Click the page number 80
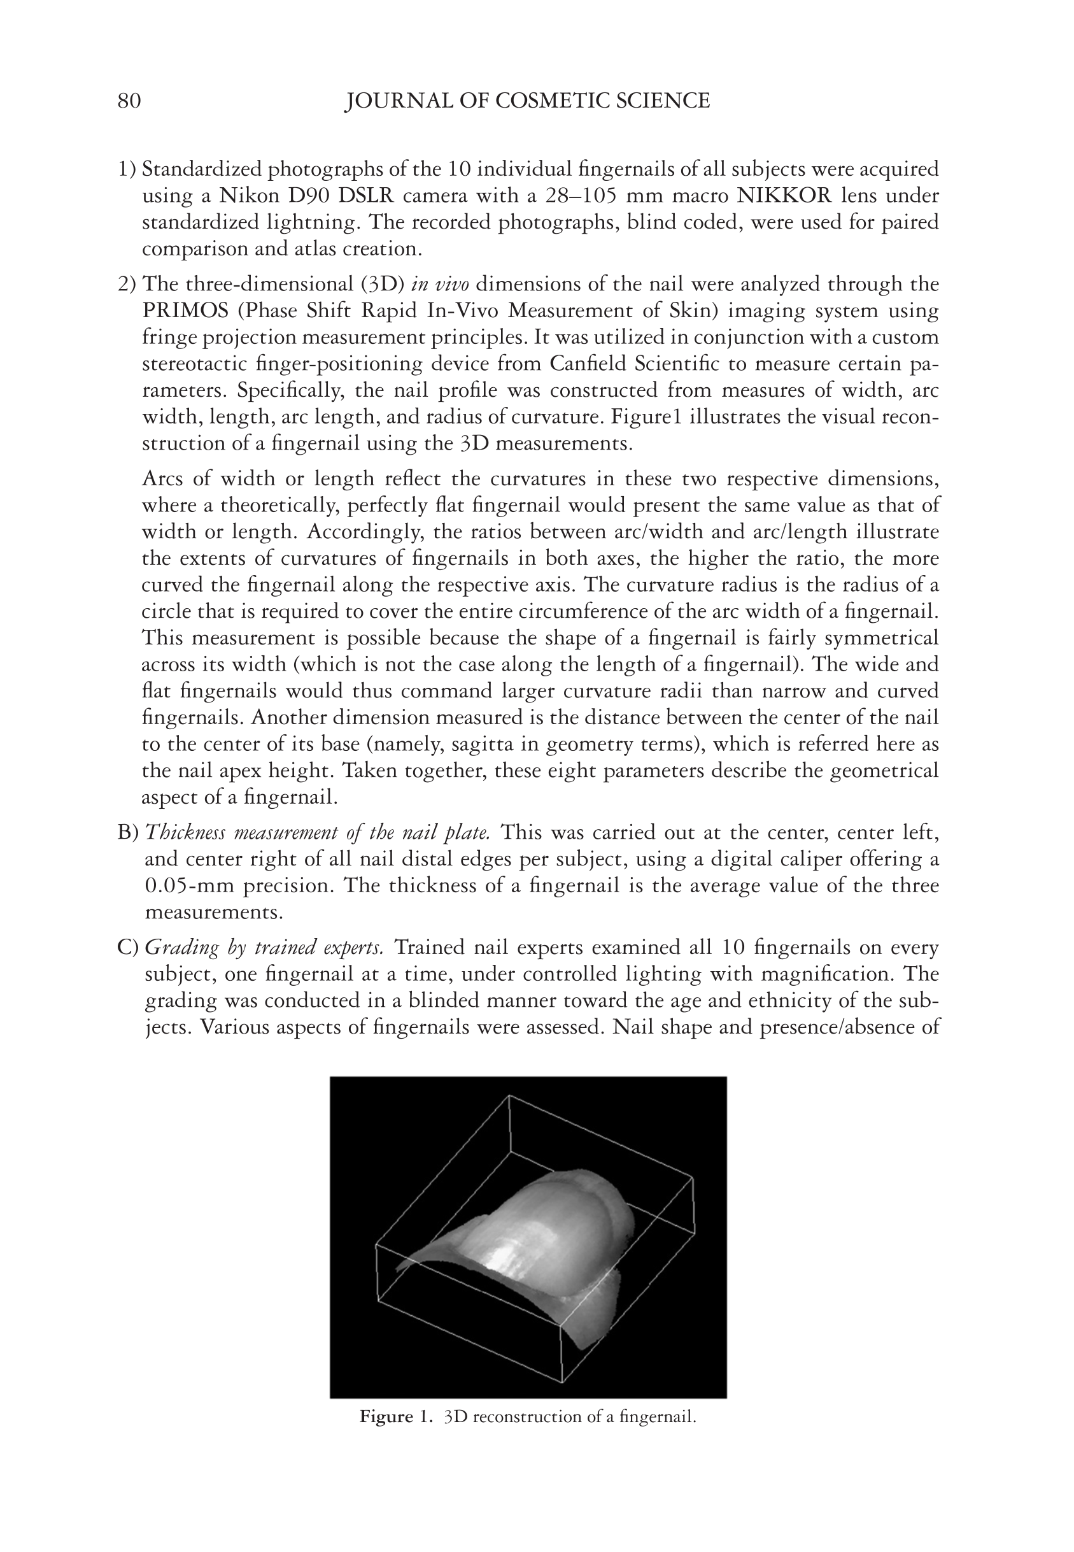coord(129,101)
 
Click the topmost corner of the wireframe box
coord(509,1095)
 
